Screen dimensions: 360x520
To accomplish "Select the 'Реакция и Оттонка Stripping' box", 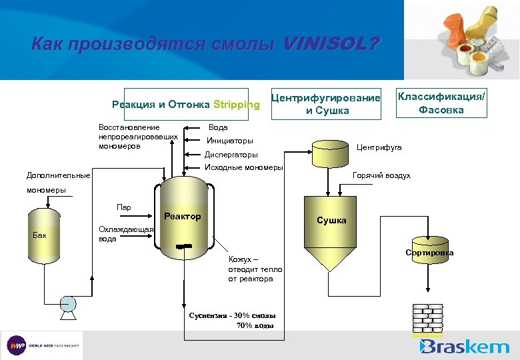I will (x=186, y=105).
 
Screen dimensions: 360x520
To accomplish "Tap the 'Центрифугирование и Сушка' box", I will (x=325, y=104).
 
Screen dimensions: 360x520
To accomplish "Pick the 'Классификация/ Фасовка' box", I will (x=441, y=103).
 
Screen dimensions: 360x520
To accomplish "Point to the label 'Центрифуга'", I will (x=379, y=147).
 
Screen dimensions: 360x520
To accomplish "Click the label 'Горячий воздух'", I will (x=381, y=175).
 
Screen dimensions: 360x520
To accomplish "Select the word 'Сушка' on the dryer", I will (x=331, y=220).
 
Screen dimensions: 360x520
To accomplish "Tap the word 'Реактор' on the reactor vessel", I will (x=182, y=216).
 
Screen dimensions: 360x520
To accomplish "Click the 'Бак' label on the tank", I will (x=41, y=235).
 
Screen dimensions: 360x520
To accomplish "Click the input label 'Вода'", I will (x=218, y=127).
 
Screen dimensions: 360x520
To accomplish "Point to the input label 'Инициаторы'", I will (x=229, y=141).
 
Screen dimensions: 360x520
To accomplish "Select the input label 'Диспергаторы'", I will (x=231, y=154).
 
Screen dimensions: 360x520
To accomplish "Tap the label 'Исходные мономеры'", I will (x=243, y=167).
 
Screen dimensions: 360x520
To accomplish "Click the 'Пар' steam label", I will (x=124, y=207).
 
